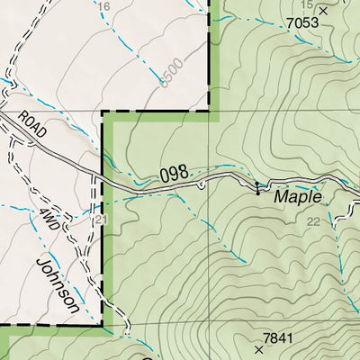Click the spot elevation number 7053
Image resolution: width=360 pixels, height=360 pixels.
(302, 22)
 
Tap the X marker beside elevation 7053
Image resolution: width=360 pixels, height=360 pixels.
(323, 12)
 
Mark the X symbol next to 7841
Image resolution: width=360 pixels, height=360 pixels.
(259, 346)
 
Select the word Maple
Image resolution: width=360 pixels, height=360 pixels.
(296, 195)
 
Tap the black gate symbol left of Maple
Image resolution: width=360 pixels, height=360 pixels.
(257, 188)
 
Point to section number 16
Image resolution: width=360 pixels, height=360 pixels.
(103, 7)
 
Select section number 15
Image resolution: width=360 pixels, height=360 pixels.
(306, 4)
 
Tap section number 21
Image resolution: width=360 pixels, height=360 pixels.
(100, 220)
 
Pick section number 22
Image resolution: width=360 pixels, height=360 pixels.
(312, 221)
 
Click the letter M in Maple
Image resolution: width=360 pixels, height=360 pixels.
(282, 195)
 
